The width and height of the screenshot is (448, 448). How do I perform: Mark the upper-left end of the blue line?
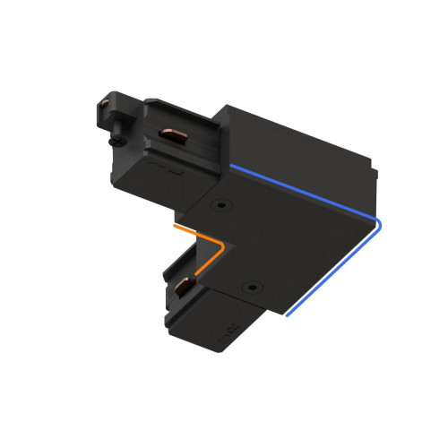click(x=230, y=167)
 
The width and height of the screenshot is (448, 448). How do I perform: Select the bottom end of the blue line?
click(x=286, y=316)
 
